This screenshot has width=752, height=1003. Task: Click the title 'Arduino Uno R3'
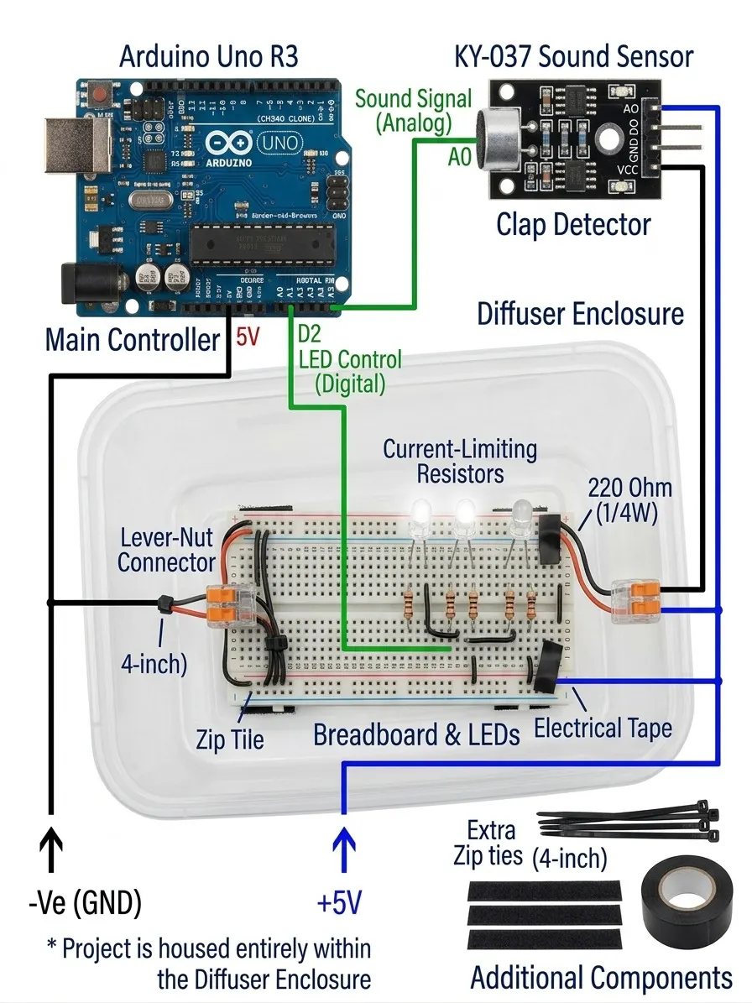click(x=208, y=57)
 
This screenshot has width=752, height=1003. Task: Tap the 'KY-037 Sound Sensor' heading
click(x=573, y=57)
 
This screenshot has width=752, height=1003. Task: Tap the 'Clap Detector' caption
click(x=573, y=225)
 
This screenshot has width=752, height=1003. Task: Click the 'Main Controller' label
click(x=133, y=340)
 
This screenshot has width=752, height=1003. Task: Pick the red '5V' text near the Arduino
click(x=248, y=337)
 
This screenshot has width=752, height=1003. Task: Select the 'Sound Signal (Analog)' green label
click(x=413, y=110)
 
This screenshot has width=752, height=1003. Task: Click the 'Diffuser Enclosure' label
click(x=581, y=314)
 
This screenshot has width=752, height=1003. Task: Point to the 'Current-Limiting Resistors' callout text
click(x=460, y=460)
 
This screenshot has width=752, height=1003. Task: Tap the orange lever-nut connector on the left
click(x=228, y=605)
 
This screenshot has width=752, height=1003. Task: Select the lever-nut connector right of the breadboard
click(x=636, y=601)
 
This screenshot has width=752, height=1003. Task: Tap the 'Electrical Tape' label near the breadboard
click(x=603, y=728)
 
